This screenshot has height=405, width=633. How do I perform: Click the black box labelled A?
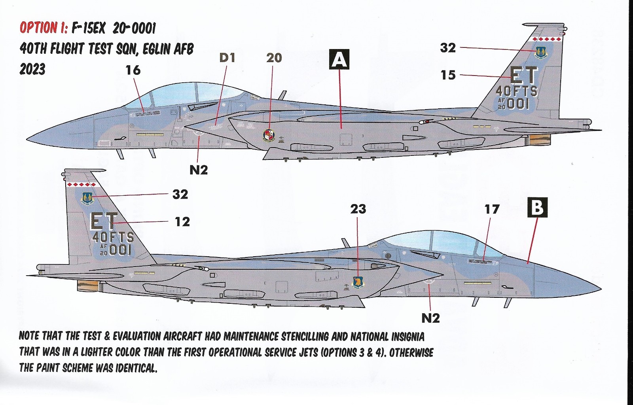pos(339,59)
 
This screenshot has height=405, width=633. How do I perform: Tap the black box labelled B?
pos(538,207)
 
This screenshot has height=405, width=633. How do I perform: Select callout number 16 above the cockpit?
pos(133,70)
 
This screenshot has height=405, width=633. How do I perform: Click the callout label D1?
pos(227,58)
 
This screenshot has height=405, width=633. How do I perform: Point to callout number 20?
pos(274,58)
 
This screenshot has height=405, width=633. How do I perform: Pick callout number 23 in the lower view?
pos(358,209)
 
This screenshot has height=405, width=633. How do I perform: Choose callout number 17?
pos(492,209)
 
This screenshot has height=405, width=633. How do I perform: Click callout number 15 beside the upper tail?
pos(448,75)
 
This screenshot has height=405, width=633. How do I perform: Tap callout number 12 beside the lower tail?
pos(182,222)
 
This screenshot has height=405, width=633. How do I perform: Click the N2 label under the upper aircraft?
pos(199,170)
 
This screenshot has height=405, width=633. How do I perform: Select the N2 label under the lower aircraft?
pos(430,318)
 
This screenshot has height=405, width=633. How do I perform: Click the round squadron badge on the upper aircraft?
pos(268,135)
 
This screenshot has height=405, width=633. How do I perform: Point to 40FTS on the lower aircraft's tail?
pos(113,237)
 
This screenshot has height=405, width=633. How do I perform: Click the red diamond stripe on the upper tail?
pos(547,39)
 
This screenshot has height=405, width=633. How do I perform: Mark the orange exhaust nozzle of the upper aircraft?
pos(540,139)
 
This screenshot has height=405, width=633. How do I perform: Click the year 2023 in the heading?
pos(32,69)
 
